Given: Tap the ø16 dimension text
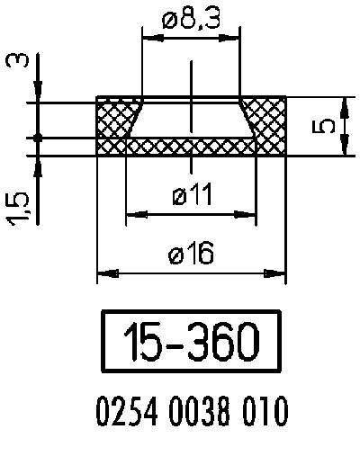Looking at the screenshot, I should tap(191, 255).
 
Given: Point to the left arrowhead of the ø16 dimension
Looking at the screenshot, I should tap(103, 273).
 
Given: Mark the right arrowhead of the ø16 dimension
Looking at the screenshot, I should tap(280, 273).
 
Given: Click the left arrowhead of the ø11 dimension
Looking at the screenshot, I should tap(132, 214).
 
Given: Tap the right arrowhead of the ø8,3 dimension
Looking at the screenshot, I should tap(235, 37).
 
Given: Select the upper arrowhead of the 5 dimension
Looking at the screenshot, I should tap(346, 106).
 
